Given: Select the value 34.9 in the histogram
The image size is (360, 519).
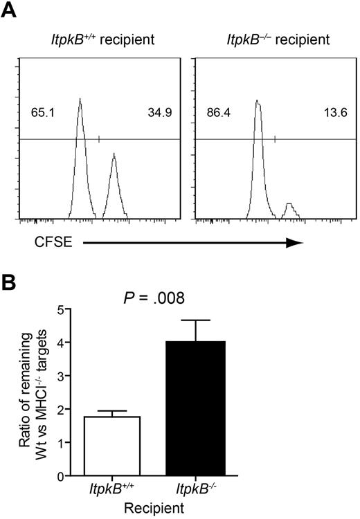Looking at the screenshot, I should tap(158, 111).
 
